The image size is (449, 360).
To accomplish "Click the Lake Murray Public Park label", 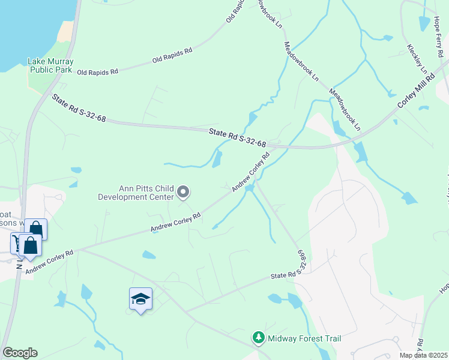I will [50, 65].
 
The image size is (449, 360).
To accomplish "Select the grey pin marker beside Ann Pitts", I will [184, 193].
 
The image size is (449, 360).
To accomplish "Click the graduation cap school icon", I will [140, 299].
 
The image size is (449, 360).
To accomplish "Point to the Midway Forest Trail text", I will [305, 339].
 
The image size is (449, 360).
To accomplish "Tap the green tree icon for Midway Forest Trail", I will [259, 338].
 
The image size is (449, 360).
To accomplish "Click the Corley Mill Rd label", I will [416, 93].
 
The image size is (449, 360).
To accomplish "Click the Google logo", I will [20, 353].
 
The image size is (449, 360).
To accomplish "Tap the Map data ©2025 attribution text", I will [423, 355].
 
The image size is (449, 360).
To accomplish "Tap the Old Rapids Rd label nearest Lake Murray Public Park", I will [98, 71].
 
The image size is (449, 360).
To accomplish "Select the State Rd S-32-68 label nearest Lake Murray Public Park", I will [79, 108].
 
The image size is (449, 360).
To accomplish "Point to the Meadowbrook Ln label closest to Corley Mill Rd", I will [345, 110].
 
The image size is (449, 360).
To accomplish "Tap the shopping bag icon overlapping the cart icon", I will [30, 245].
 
